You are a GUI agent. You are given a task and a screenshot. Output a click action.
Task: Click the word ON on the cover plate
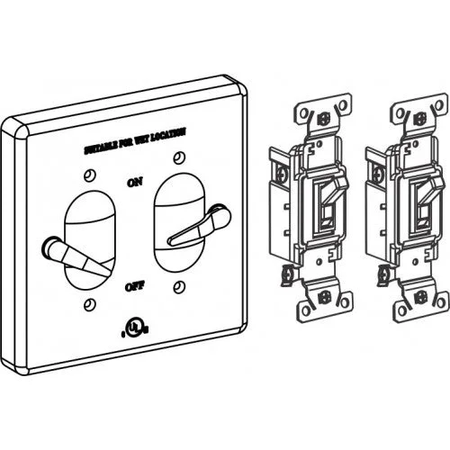click(x=135, y=183)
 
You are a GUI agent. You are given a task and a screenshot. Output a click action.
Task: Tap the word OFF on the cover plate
click(x=135, y=286)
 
